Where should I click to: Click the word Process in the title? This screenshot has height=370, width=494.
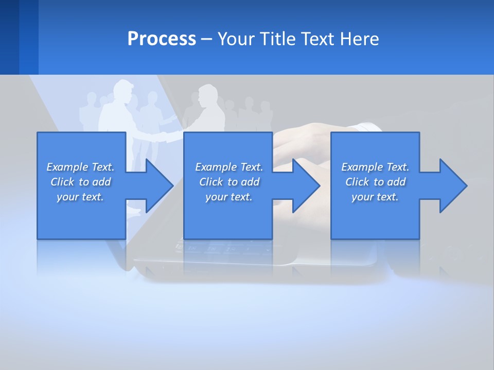point(162,39)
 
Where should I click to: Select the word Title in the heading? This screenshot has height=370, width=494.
point(277,39)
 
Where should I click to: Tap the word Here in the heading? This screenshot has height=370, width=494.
point(359,39)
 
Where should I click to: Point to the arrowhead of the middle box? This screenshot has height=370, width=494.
point(305,186)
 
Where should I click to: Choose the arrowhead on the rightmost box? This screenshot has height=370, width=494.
point(452,186)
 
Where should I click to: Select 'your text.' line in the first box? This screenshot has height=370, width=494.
point(80,197)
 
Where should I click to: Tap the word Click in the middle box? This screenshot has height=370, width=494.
point(211,182)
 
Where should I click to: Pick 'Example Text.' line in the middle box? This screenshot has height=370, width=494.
point(229,167)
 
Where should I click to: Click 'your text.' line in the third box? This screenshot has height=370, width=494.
point(375,197)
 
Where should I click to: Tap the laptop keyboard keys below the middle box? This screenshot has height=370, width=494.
point(216,248)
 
